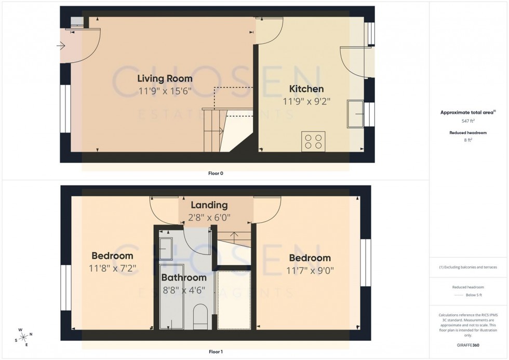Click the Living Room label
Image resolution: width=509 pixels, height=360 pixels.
coord(165,78)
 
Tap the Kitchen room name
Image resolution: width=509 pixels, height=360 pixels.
coord(306,89)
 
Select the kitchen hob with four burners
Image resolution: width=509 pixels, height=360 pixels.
coord(313,141)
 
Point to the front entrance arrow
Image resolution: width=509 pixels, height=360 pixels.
coord(61,46)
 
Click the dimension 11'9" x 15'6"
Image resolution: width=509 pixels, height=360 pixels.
coord(165,91)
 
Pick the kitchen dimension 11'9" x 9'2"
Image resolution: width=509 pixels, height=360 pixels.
coord(306,101)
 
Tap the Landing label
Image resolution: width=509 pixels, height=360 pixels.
coord(209,205)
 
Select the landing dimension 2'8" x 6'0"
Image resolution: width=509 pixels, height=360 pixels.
coord(209,218)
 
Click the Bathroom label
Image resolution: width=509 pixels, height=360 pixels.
coord(183,278)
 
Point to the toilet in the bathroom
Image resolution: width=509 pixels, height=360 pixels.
coord(200,316)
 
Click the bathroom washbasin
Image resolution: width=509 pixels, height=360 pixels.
coord(166,248)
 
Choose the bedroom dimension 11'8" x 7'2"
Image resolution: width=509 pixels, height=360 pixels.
coord(112,269)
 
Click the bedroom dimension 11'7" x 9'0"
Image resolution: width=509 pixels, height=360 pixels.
coord(310,271)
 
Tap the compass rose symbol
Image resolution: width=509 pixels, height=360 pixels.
coord(22,337)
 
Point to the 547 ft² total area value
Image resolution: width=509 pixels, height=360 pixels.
coord(468,121)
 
